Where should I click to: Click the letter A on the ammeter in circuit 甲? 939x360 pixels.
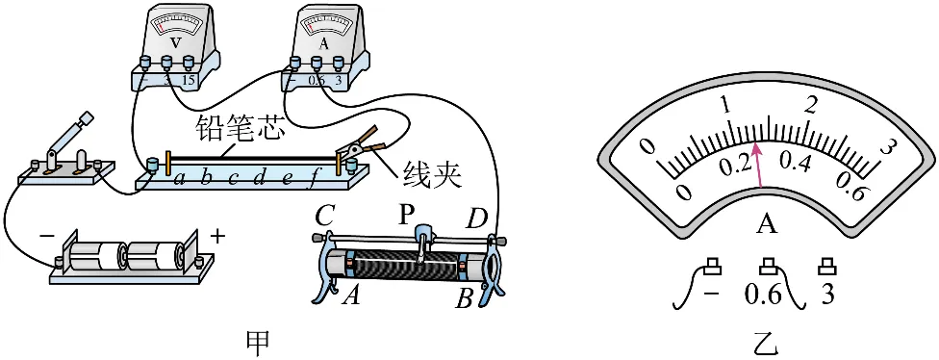[x=317, y=43]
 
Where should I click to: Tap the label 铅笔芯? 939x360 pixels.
[x=239, y=130]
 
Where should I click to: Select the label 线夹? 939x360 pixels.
[x=432, y=176]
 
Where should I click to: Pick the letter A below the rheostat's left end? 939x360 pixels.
[x=352, y=296]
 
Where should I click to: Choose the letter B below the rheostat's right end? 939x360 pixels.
[x=463, y=297]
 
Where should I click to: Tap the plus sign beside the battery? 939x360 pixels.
[x=217, y=237]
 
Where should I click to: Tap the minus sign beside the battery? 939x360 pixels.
[x=46, y=236]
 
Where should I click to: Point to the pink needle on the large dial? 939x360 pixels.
[x=758, y=165]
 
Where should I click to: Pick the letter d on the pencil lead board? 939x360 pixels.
[x=260, y=177]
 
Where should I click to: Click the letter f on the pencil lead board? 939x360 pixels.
[x=311, y=178]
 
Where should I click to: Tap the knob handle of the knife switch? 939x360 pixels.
[x=87, y=118]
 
